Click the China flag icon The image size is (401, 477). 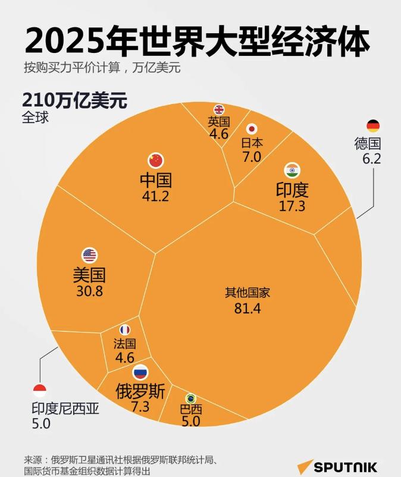click(x=156, y=160)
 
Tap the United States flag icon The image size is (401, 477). click(x=89, y=256)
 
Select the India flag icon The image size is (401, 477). click(x=292, y=170)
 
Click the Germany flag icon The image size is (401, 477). click(x=373, y=125)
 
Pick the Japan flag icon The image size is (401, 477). click(x=252, y=129)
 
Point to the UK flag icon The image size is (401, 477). click(x=219, y=109)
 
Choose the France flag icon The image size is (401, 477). click(x=125, y=329)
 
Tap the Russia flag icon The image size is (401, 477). click(x=140, y=373)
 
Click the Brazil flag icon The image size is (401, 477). click(x=190, y=398)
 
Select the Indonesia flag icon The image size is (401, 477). click(x=40, y=391)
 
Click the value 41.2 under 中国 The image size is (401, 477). click(x=156, y=196)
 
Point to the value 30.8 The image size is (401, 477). click(x=89, y=292)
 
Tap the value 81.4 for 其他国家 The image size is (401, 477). click(x=248, y=308)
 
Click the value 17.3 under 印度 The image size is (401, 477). click(x=292, y=206)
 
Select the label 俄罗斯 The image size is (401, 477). click(x=140, y=391)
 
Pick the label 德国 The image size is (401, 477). click(x=367, y=143)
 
